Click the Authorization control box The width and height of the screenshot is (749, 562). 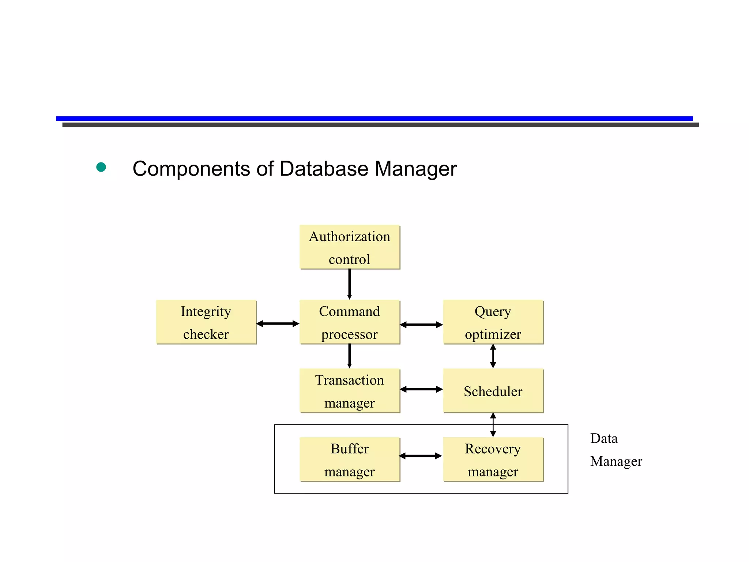click(350, 247)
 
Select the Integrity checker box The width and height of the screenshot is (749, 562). click(206, 322)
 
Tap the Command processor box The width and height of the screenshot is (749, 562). click(350, 322)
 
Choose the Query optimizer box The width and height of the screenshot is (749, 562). click(493, 322)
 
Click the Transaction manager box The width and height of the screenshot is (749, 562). click(350, 391)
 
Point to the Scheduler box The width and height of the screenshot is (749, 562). click(493, 391)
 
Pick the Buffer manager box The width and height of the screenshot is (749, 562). click(350, 460)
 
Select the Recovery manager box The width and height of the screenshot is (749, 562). click(493, 460)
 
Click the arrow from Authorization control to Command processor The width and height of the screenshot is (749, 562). click(350, 284)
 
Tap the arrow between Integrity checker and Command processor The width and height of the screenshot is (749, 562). click(278, 323)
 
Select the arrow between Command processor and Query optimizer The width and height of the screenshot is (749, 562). click(421, 325)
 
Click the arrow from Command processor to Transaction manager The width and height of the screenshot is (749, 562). click(350, 356)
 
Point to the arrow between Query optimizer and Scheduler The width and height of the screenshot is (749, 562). click(493, 356)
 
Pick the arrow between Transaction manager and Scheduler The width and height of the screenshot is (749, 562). click(421, 389)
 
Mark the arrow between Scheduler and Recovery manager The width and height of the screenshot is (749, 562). click(493, 425)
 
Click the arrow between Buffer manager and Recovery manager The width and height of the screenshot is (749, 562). click(421, 456)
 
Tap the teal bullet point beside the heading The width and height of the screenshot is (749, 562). click(101, 167)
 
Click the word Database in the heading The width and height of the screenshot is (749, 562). click(324, 169)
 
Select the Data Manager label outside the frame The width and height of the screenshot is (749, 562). click(616, 450)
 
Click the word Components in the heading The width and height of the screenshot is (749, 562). click(191, 169)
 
